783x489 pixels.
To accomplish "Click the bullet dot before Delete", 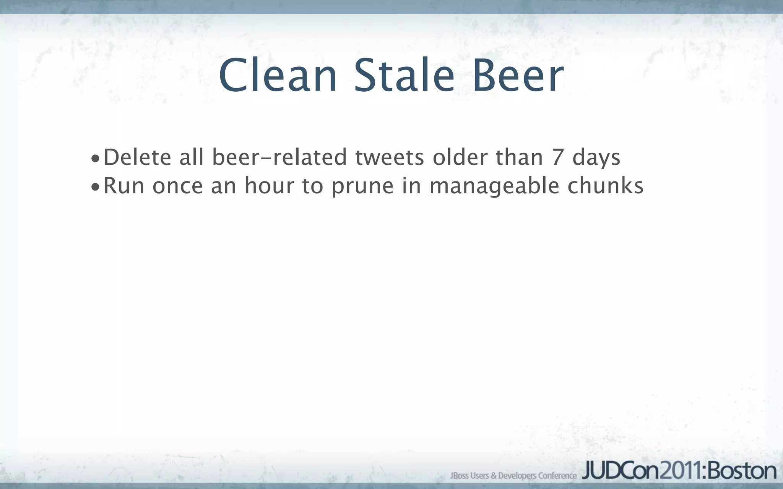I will (95, 159).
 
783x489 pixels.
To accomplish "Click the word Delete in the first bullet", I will (137, 157).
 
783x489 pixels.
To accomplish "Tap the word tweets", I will (390, 157).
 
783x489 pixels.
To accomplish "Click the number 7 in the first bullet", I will (557, 157).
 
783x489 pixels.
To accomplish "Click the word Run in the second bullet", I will (124, 186).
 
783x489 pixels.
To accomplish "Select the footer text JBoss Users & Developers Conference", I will (513, 476).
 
